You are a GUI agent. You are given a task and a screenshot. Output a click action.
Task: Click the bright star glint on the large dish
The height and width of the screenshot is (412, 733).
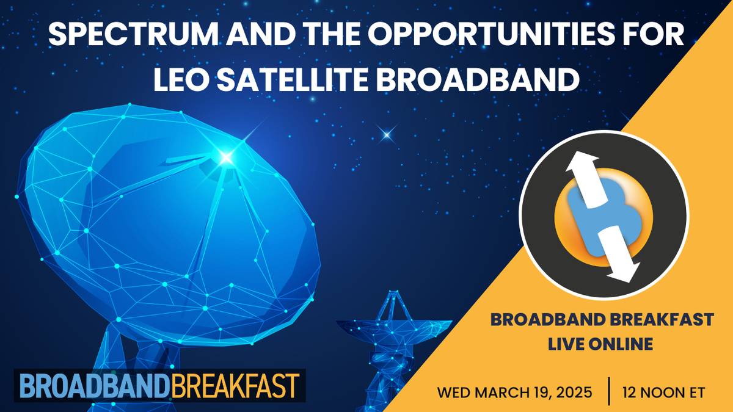click(227, 158)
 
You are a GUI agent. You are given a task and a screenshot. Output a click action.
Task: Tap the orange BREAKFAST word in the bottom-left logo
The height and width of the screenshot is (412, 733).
click(235, 386)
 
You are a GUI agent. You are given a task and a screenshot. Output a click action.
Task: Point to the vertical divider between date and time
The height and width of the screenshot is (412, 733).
click(609, 391)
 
